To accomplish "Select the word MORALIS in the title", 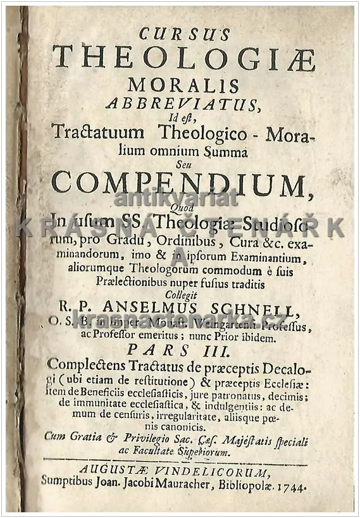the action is [x=183, y=84].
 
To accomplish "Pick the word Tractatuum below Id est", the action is [x=106, y=134].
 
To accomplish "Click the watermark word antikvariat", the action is [x=176, y=198].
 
